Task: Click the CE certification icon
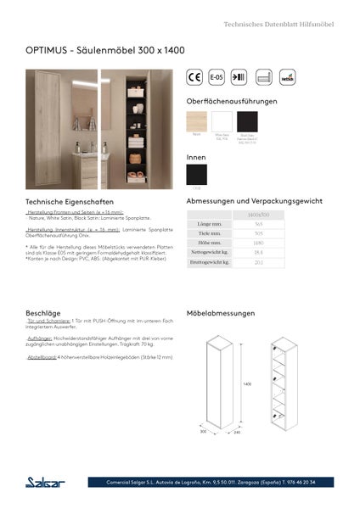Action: [194, 76]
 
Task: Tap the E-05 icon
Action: [217, 76]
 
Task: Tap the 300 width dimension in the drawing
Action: [204, 431]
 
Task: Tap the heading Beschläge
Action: [42, 313]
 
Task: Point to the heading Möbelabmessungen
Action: [221, 313]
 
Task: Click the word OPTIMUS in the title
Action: [45, 51]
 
